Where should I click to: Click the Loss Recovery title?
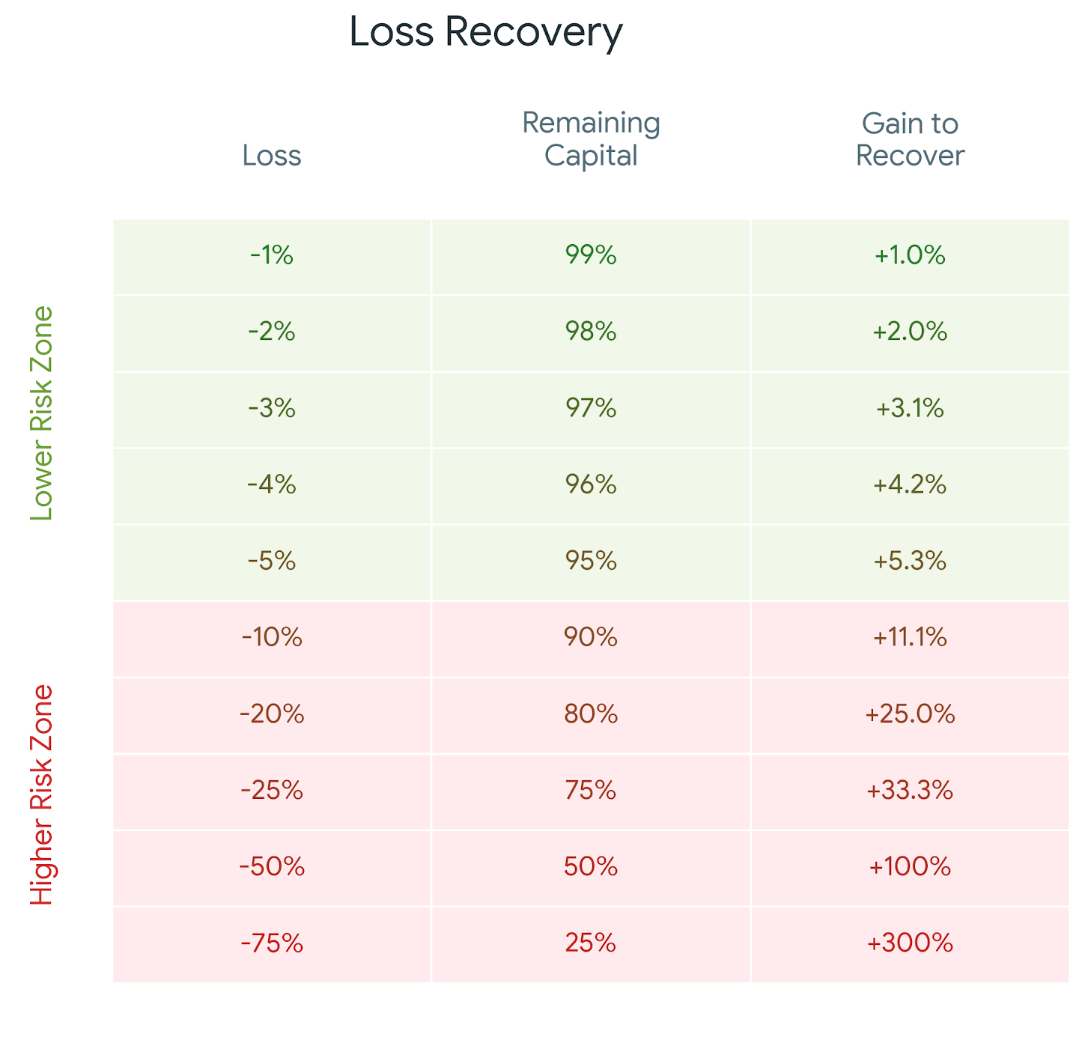(x=486, y=33)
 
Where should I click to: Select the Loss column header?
(x=272, y=156)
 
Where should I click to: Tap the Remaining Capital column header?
(x=591, y=139)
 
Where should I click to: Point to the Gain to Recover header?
(x=910, y=139)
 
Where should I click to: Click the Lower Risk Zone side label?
(x=42, y=413)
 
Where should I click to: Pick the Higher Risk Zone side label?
(x=42, y=794)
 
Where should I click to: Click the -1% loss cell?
(x=272, y=255)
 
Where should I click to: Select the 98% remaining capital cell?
(x=591, y=332)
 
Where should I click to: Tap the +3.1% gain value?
(x=910, y=409)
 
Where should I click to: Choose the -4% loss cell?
(x=272, y=485)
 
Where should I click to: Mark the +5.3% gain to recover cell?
(x=910, y=561)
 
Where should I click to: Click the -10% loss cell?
(x=272, y=638)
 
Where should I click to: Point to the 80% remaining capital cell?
(x=591, y=714)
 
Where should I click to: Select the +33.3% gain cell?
(x=910, y=791)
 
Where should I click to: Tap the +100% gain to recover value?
(x=910, y=867)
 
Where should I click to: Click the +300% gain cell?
(x=910, y=943)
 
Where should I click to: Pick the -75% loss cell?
(x=272, y=943)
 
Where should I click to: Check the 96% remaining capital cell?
(x=591, y=485)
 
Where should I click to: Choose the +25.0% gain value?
(x=910, y=714)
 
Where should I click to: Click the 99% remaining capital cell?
(x=591, y=255)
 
